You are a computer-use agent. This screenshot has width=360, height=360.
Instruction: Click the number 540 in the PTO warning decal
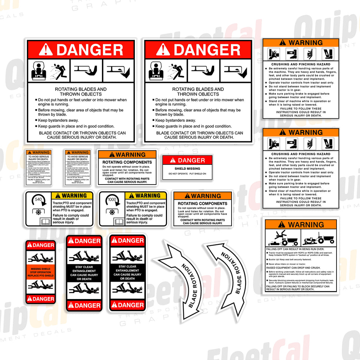[38, 199]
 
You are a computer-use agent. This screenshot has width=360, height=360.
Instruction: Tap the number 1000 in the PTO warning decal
[112, 199]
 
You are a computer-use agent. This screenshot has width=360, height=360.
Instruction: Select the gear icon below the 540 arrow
[38, 212]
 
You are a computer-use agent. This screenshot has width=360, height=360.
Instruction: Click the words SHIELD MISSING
[187, 169]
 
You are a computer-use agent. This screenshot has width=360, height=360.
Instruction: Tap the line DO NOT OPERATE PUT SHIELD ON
[187, 174]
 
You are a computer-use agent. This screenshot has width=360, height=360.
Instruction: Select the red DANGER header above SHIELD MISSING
[187, 160]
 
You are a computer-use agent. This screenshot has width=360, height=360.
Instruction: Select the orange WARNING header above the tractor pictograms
[301, 225]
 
